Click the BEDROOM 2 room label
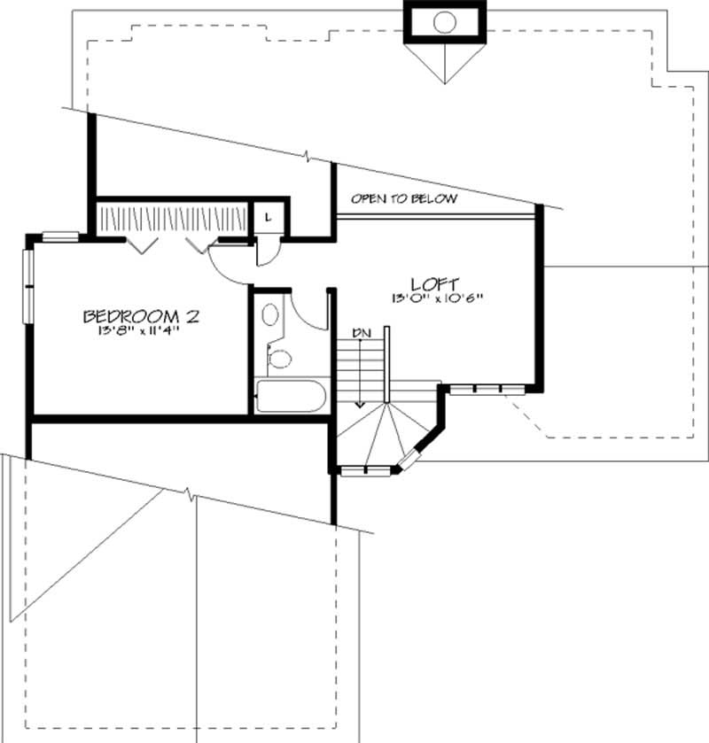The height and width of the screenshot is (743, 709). point(141,316)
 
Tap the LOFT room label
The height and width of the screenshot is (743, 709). point(434,284)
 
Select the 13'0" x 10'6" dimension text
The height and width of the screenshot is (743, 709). point(434,298)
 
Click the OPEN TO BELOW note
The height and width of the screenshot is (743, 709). point(404,199)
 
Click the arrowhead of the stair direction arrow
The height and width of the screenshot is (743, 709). point(361,403)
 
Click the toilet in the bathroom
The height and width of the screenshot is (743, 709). point(280,359)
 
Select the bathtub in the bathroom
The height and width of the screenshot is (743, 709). point(292,396)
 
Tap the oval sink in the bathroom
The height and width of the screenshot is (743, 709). point(270,315)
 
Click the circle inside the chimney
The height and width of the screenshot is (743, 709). point(445,21)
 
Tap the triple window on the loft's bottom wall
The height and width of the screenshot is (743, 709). point(487,389)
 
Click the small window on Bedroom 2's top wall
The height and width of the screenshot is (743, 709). point(60,236)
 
